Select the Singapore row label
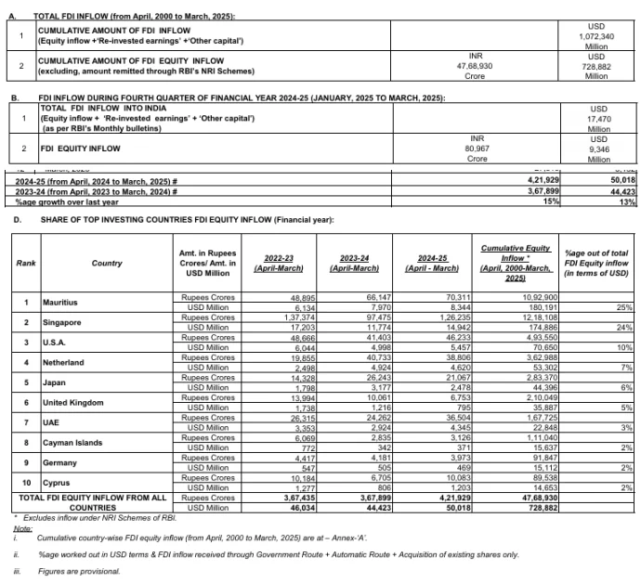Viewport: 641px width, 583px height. tap(62, 322)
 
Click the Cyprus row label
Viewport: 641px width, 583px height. tap(57, 483)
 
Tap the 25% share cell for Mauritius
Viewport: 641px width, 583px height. tap(624, 307)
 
